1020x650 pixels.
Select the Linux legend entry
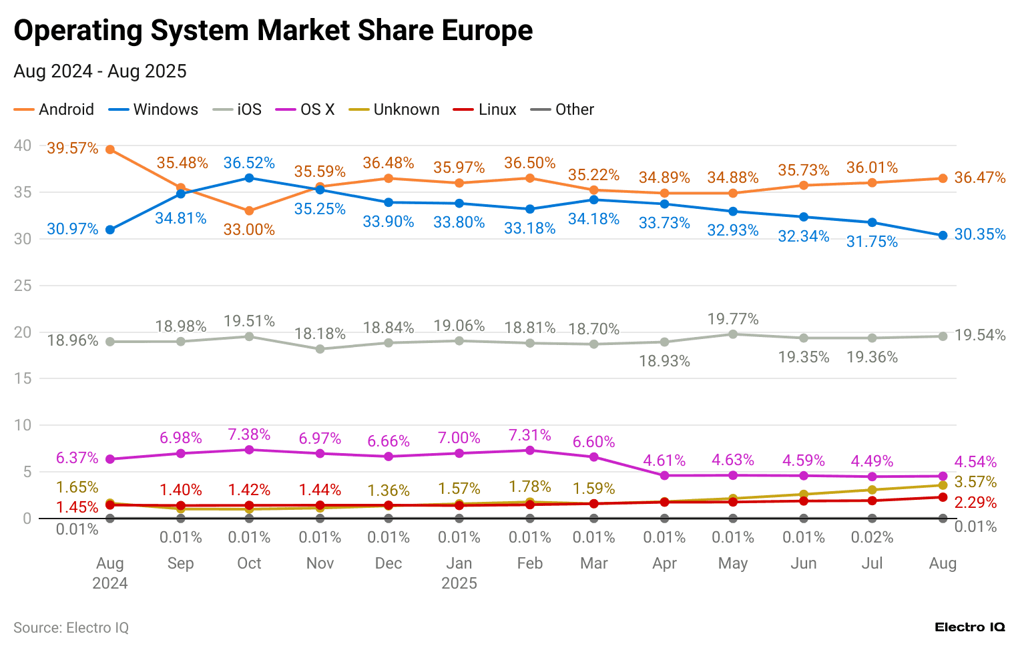485,109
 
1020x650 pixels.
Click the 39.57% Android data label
72,148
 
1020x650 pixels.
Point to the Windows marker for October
249,178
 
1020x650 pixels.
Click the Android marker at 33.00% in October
249,211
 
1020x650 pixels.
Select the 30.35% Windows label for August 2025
979,234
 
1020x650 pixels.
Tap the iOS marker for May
733,334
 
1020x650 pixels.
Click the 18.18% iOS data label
320,334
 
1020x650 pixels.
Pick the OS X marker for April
664,476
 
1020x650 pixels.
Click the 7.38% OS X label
249,434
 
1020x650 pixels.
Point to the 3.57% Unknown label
975,482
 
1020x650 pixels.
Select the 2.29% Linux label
975,503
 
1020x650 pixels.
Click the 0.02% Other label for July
872,537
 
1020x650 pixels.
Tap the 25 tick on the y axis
23,286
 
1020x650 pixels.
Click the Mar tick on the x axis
593,563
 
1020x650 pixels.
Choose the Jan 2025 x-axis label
459,573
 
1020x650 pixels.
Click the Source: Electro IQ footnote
71,627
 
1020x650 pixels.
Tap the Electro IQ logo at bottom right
969,627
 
